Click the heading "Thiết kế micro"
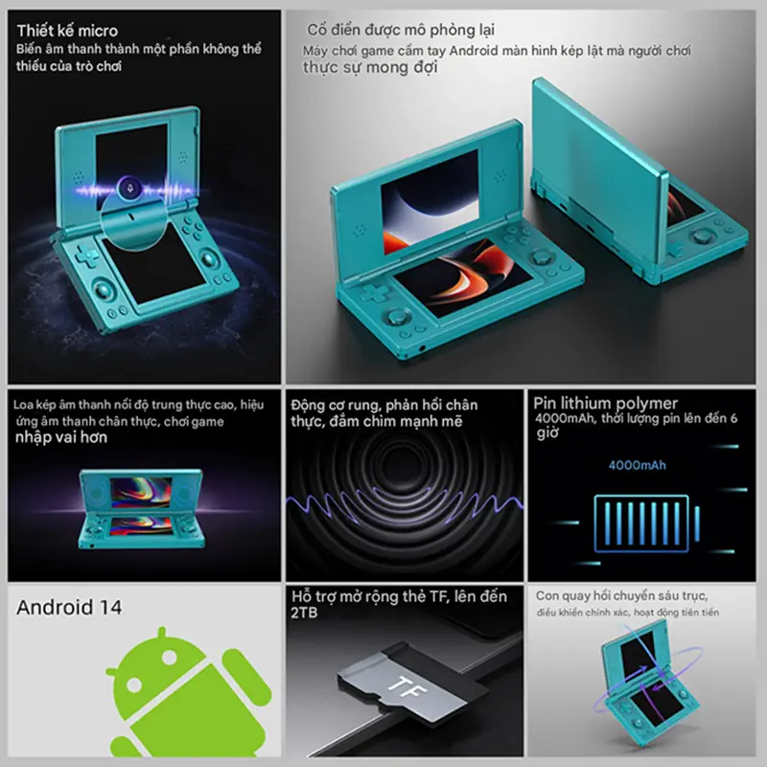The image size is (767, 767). click(x=67, y=31)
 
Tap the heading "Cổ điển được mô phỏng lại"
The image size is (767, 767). click(x=401, y=30)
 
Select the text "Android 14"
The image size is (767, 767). click(x=69, y=607)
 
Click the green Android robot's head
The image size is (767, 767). click(x=154, y=657)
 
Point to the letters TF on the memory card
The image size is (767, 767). click(x=407, y=687)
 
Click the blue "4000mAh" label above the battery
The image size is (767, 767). click(x=637, y=465)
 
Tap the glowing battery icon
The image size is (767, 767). click(x=646, y=523)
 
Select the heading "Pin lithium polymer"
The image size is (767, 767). click(x=606, y=403)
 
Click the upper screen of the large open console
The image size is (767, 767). click(x=430, y=201)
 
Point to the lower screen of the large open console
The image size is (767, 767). click(x=463, y=277)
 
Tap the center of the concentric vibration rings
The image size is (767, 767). click(x=404, y=466)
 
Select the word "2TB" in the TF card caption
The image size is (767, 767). click(x=304, y=613)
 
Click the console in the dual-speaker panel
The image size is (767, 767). click(x=141, y=509)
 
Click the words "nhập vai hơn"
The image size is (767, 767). click(x=61, y=437)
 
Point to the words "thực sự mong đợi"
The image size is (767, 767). click(x=370, y=67)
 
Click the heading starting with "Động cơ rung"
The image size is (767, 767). click(x=384, y=413)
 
